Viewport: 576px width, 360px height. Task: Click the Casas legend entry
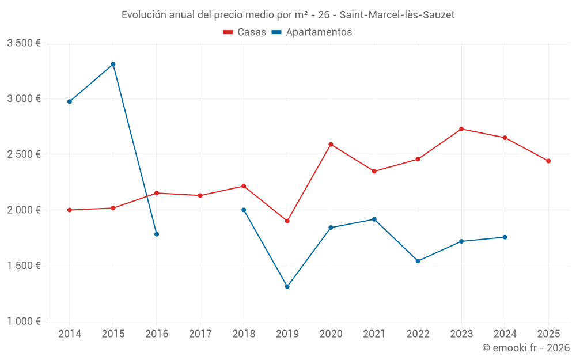click(245, 32)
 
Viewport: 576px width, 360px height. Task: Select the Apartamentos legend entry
click(312, 32)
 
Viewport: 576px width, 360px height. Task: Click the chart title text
click(288, 15)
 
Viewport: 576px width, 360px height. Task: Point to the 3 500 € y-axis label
click(24, 43)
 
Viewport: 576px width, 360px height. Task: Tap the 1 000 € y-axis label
click(24, 321)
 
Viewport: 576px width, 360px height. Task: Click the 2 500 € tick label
click(24, 154)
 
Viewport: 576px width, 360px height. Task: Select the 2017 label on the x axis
click(200, 334)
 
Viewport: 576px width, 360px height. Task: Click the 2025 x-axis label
click(548, 334)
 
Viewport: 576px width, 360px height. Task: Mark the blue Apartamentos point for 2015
click(113, 65)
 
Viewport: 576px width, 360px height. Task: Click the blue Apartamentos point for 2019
click(287, 286)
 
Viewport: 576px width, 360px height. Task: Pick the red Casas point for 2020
click(331, 145)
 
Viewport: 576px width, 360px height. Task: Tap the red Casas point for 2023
click(461, 129)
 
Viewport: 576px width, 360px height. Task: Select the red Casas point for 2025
click(548, 161)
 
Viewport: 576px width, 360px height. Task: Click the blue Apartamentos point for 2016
click(157, 234)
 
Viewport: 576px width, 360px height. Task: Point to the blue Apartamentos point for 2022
click(418, 261)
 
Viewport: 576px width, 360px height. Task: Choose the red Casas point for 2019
click(287, 221)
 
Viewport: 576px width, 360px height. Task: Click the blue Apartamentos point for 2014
click(70, 101)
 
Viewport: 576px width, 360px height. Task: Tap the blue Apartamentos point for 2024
click(505, 237)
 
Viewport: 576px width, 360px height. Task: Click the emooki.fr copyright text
click(525, 348)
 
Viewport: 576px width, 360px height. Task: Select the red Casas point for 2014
click(70, 210)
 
